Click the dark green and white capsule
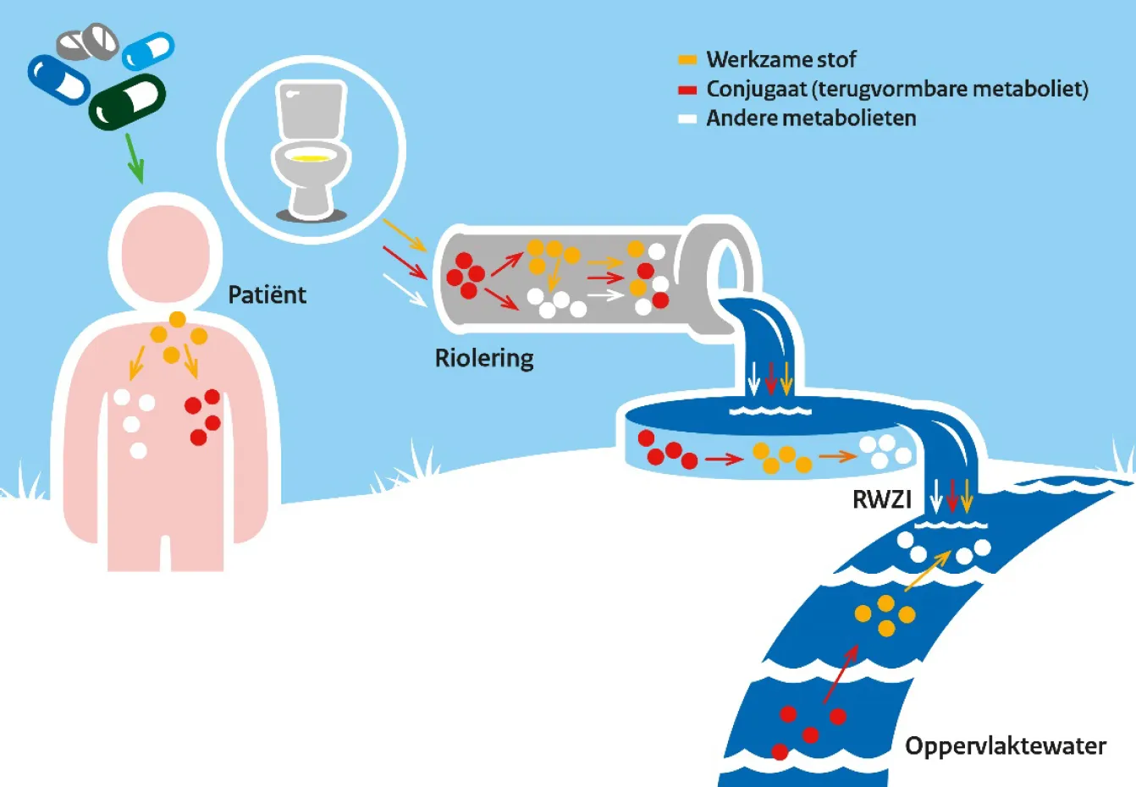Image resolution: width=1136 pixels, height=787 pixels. click(128, 102)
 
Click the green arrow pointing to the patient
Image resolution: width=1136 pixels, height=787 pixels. click(134, 158)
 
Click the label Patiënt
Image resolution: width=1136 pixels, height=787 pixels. click(267, 294)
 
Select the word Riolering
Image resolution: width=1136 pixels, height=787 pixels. click(484, 358)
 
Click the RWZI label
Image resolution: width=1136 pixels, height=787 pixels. click(881, 499)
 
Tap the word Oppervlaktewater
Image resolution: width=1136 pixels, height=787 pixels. click(1005, 746)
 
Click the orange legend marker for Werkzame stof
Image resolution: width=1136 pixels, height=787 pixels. click(687, 60)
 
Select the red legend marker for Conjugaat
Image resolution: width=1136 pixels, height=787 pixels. click(687, 90)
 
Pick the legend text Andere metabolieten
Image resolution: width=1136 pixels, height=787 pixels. click(811, 118)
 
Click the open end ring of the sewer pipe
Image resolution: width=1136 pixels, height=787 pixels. click(725, 266)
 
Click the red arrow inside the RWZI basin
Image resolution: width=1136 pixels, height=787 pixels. click(724, 460)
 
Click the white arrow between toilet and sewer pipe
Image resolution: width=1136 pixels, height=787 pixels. click(404, 289)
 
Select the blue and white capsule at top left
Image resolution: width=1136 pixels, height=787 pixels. click(59, 79)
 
